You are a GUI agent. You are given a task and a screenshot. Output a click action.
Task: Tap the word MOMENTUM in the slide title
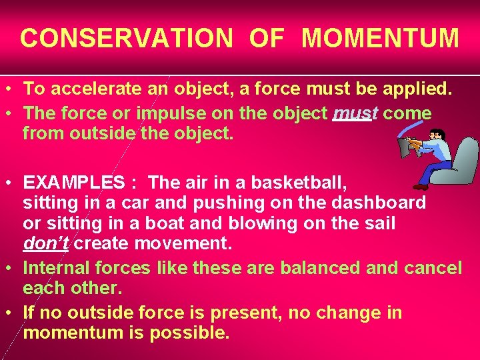pyautogui.click(x=380, y=38)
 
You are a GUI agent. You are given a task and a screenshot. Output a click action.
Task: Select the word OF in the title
pyautogui.click(x=267, y=38)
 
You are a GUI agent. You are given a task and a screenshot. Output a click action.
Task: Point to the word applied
pyautogui.click(x=417, y=88)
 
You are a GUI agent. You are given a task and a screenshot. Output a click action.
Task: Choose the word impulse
pyautogui.click(x=175, y=113)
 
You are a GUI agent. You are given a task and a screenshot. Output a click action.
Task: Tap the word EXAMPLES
pyautogui.click(x=74, y=182)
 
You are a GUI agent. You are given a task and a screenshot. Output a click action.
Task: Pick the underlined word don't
pyautogui.click(x=46, y=244)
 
